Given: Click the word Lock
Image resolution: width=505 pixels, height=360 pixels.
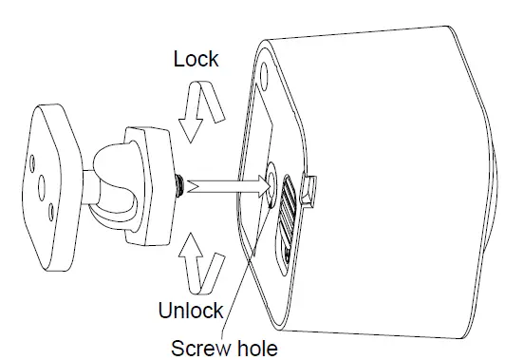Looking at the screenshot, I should (x=196, y=59).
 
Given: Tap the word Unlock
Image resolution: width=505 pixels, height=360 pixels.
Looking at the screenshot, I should (x=191, y=310).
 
